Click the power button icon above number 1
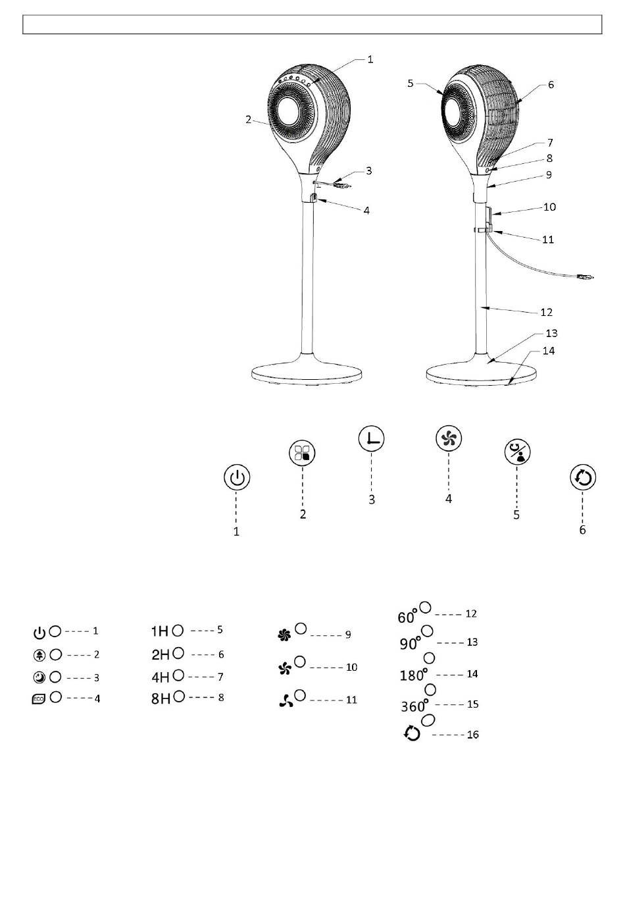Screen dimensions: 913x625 click(x=237, y=477)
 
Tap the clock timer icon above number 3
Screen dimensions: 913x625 click(x=372, y=439)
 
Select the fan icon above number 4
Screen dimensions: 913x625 click(x=449, y=438)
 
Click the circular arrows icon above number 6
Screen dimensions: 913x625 click(x=583, y=477)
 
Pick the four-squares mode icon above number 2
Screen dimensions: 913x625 click(x=303, y=453)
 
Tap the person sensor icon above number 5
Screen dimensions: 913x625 click(x=516, y=453)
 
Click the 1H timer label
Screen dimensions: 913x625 click(x=160, y=631)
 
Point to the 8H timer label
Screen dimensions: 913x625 click(x=161, y=698)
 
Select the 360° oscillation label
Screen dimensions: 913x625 click(x=414, y=706)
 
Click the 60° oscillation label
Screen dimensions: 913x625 click(x=407, y=617)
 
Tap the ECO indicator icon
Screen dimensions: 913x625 click(x=39, y=699)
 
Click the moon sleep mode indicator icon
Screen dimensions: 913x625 click(x=39, y=677)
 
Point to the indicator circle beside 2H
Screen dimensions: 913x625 click(x=178, y=654)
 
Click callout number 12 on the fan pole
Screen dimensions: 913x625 click(x=545, y=312)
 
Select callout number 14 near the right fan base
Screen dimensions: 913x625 click(x=548, y=351)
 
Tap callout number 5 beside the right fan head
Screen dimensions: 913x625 click(x=411, y=84)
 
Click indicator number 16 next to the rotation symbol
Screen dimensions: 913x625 click(x=472, y=735)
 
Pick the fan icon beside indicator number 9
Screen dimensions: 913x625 click(x=284, y=635)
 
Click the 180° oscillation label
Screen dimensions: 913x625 click(x=413, y=675)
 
